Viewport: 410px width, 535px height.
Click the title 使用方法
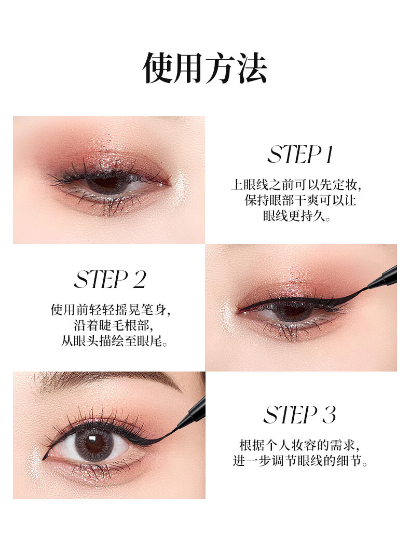(x=205, y=68)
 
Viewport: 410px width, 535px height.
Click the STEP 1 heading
(x=300, y=155)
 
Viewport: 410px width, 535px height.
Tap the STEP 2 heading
(x=110, y=280)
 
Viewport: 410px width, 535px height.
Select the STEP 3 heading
(x=300, y=415)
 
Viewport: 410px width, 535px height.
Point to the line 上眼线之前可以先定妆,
(x=296, y=185)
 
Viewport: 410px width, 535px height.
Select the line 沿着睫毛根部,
(x=113, y=325)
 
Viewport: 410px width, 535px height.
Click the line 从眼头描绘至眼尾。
(x=114, y=341)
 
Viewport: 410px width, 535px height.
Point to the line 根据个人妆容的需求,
(x=299, y=446)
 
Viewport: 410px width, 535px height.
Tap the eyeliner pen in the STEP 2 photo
(x=383, y=278)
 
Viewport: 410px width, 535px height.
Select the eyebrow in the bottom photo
(x=113, y=380)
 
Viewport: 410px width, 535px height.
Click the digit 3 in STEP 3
(x=329, y=415)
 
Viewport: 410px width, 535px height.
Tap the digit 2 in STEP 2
(x=139, y=280)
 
